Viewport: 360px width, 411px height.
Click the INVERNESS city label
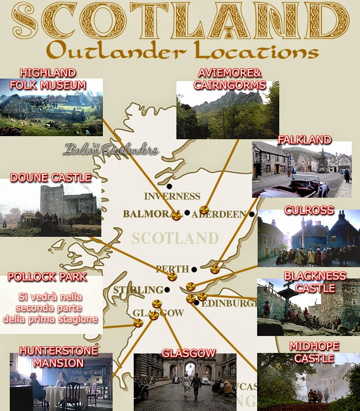point(172,196)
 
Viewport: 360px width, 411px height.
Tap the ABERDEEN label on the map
point(219,214)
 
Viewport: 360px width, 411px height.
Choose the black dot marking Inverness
point(169,186)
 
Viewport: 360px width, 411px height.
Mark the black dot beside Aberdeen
point(251,214)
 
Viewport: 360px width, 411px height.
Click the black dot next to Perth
point(194,269)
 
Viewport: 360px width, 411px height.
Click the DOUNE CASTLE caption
point(50,178)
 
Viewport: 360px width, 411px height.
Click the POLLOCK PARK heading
point(47,277)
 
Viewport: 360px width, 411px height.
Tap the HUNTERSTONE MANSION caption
point(58,357)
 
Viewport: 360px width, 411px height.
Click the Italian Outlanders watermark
point(111,149)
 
